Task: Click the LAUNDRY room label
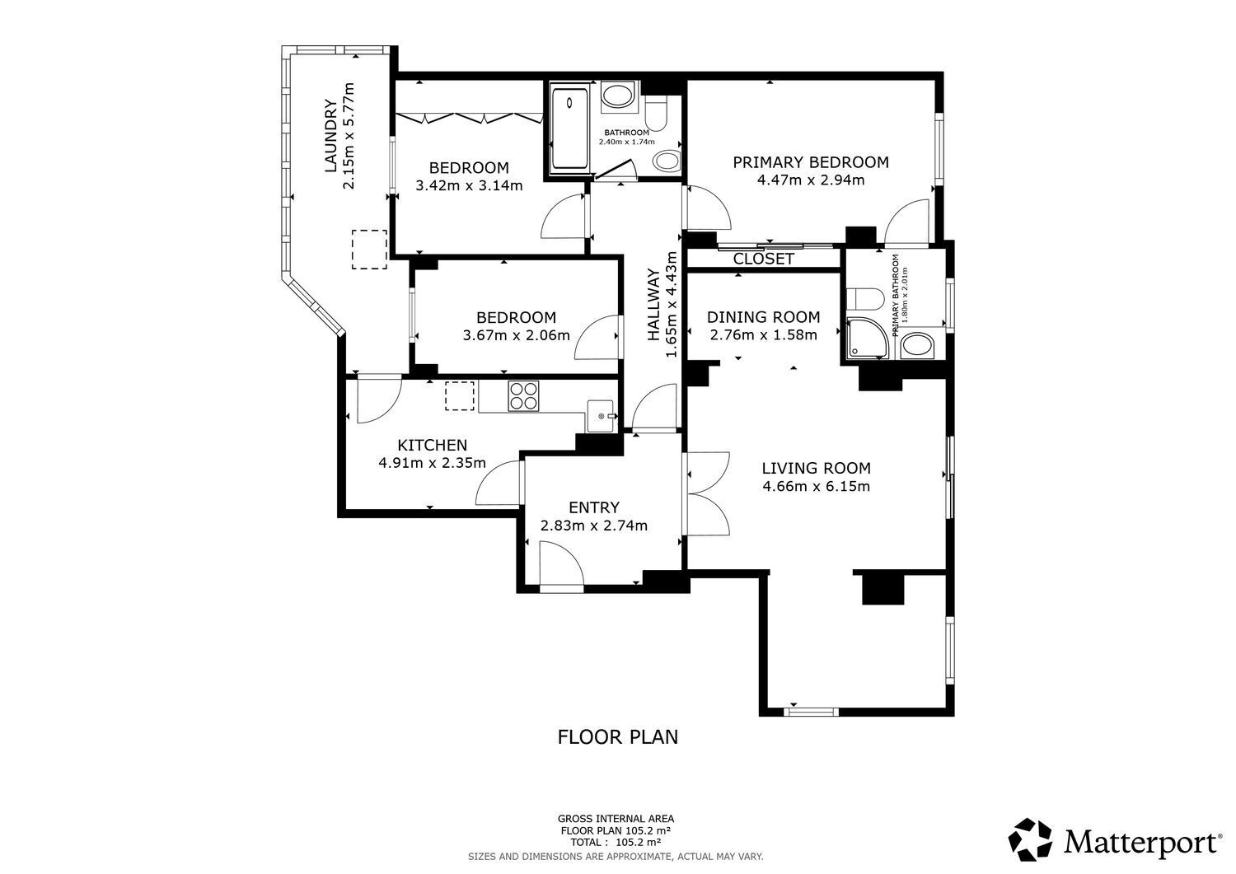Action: (330, 136)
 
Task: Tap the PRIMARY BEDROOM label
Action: (811, 162)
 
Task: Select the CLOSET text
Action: (763, 259)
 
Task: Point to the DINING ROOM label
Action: (763, 317)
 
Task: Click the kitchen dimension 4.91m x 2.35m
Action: (432, 462)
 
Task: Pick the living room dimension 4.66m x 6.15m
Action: (816, 486)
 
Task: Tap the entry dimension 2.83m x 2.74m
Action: (594, 526)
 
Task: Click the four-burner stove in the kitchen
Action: (523, 395)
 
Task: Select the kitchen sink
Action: (601, 415)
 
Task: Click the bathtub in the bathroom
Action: (570, 127)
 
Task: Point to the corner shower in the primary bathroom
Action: (868, 338)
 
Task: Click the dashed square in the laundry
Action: (369, 250)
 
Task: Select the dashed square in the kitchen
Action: (460, 395)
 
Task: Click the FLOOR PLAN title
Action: (617, 737)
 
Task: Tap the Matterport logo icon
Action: (1030, 839)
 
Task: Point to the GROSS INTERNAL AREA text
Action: (616, 819)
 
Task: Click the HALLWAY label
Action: (653, 305)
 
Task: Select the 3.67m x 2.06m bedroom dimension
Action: (516, 335)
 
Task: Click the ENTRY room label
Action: (594, 507)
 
